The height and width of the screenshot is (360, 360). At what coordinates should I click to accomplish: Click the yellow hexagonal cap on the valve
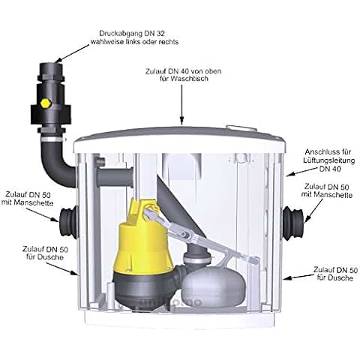pos(46,103)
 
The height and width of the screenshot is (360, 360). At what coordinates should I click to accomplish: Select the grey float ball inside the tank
pos(213,286)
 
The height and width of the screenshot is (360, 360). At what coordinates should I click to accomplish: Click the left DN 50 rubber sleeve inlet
pos(67,223)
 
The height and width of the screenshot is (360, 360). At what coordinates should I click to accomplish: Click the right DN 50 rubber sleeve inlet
pos(293,223)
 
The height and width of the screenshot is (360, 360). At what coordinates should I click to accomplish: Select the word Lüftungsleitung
pos(329,160)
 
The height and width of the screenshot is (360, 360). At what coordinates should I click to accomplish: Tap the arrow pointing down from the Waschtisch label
pos(182,104)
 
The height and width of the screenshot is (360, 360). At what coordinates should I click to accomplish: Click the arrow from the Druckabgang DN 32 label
pos(72,54)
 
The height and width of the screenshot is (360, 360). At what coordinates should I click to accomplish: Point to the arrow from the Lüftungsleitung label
pos(301,172)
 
